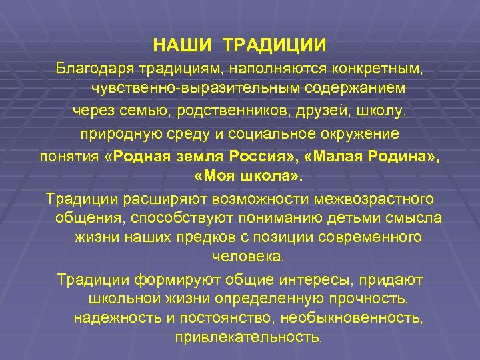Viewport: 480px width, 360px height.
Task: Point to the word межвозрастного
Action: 377,199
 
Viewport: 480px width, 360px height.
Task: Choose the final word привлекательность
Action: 248,337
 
